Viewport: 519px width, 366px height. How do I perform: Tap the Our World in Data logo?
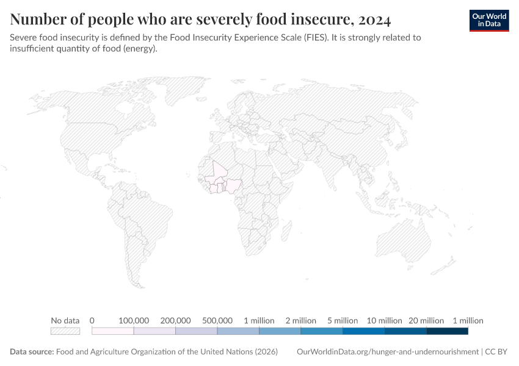pos(488,20)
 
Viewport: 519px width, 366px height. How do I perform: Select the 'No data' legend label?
pos(65,320)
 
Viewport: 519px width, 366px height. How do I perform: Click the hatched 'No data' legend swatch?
pos(65,331)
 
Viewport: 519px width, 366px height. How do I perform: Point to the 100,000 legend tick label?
pos(134,320)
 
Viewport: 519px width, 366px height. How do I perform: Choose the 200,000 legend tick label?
pos(175,320)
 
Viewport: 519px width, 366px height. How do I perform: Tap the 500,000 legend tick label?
pos(217,320)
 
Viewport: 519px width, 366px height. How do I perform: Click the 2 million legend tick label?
pos(300,320)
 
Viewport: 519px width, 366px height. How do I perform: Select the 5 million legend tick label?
pos(343,320)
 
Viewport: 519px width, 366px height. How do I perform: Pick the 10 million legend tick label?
pos(384,320)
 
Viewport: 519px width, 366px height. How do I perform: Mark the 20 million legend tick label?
pos(426,320)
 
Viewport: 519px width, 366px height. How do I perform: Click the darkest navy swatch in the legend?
pos(447,331)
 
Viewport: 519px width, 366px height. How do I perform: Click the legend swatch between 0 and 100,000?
pos(112,331)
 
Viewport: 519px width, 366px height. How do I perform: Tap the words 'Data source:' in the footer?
pos(32,352)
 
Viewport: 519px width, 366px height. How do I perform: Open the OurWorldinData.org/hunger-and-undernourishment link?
pos(387,352)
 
